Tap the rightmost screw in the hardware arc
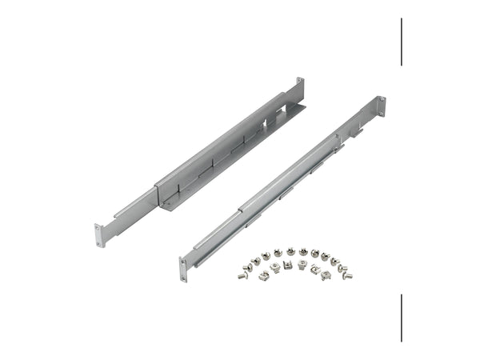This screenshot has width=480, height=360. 347,276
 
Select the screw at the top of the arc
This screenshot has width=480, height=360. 291,251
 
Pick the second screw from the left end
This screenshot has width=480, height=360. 247,267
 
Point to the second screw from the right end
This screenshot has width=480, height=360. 342,268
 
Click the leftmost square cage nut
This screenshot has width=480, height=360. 263,276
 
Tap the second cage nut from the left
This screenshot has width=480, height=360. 275,266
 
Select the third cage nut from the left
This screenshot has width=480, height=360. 287,264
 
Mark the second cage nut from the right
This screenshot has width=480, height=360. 315,269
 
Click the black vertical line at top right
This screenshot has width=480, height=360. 402,42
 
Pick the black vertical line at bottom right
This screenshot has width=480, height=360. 402,318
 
